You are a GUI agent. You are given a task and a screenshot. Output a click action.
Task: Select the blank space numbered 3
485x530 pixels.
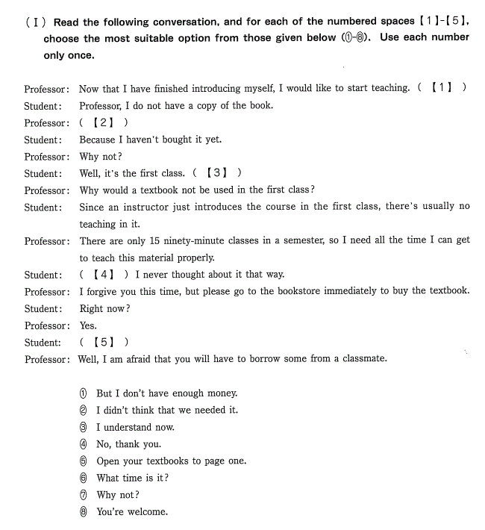pos(216,173)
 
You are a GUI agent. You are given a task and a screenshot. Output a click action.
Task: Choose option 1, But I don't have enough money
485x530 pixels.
pos(166,393)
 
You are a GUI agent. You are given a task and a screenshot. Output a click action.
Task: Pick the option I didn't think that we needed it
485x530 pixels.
pos(167,411)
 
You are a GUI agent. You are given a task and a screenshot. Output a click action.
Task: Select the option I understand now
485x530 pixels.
pos(135,428)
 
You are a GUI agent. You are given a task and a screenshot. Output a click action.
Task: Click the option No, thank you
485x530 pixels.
pos(128,444)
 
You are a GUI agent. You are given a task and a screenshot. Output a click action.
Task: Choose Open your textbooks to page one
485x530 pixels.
pos(171,461)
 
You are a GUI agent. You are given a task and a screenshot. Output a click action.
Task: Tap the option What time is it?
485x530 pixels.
pos(132,478)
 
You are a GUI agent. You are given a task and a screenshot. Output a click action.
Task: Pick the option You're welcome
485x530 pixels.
pos(132,512)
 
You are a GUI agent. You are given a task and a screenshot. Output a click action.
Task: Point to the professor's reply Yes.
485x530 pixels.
pos(88,326)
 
